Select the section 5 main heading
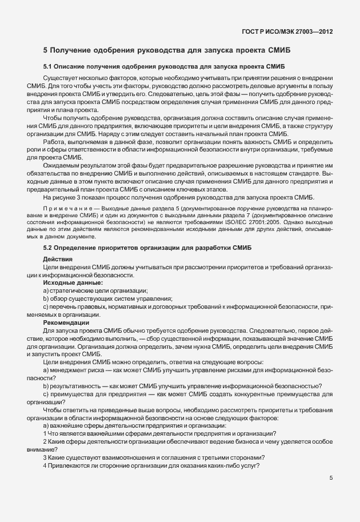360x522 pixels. pos(167,51)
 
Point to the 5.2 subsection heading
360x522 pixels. pos(145,248)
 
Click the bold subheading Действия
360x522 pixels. pos(58,260)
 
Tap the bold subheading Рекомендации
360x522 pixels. pos(66,322)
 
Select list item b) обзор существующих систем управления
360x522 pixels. pos(108,298)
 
